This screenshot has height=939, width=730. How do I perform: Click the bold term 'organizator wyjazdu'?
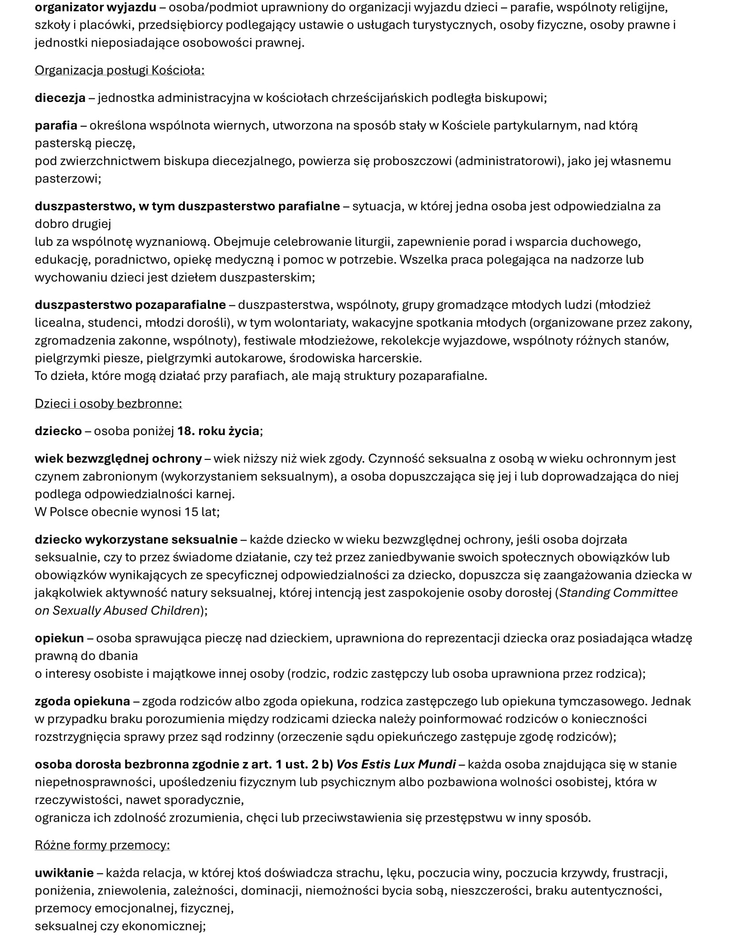point(95,8)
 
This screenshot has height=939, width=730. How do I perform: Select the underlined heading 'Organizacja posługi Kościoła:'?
point(120,71)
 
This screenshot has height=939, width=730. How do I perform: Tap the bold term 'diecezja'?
point(60,98)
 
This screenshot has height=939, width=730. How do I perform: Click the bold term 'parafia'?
point(56,126)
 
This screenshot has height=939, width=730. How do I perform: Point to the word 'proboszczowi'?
point(413,161)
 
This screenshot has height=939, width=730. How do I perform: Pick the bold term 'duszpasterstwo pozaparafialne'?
point(130,305)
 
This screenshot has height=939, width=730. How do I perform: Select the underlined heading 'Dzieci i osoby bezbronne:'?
point(108,404)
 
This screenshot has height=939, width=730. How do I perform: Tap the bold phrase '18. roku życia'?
point(218,431)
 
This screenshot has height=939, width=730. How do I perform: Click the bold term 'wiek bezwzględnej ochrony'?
point(118,459)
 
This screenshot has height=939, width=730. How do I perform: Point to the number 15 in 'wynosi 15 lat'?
point(192,512)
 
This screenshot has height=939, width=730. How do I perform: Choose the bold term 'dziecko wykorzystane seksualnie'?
point(136,540)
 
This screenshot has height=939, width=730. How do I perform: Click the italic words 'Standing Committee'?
point(618,593)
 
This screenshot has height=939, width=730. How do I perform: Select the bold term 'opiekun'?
point(59,638)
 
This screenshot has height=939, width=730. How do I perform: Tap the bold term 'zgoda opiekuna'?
point(83,701)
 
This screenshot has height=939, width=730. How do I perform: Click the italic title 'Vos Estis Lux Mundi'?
point(396,764)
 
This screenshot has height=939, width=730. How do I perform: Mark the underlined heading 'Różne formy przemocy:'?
point(102,845)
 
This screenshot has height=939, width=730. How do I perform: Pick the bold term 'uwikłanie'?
point(64,873)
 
